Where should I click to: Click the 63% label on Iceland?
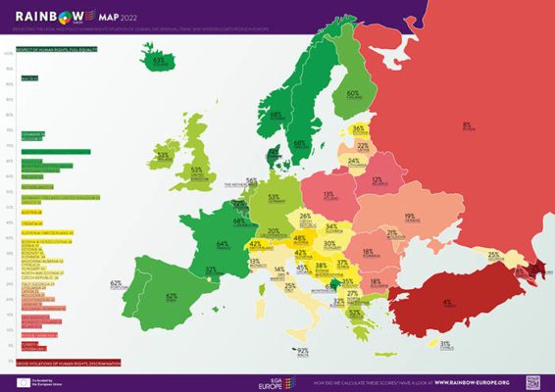[x=157, y=61]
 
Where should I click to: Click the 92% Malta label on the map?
[x=302, y=350]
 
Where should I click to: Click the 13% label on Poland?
[x=329, y=195]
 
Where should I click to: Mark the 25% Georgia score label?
[x=493, y=255]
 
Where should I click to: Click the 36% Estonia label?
[x=359, y=128]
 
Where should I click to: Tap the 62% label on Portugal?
[x=116, y=283]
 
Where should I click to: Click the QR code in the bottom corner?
[x=533, y=381]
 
